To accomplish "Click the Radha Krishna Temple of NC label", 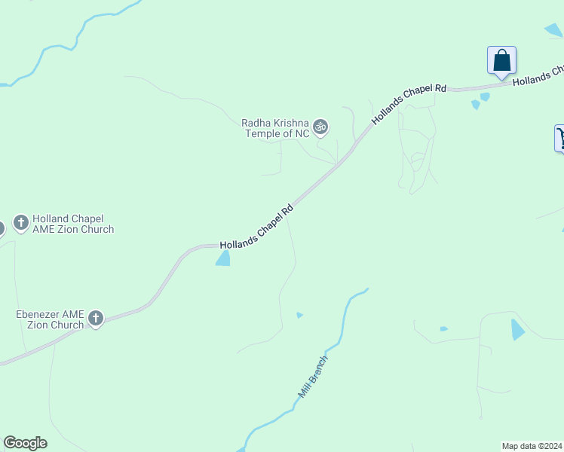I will click(275, 128).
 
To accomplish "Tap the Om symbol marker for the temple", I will click(320, 127).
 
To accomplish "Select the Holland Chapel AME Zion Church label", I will click(73, 224).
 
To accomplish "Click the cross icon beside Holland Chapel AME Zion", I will click(21, 223).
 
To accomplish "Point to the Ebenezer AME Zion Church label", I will click(50, 319).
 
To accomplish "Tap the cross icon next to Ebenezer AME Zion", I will click(96, 319).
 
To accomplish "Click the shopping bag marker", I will click(501, 61).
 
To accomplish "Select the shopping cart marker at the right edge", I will click(560, 138).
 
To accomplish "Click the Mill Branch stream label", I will click(314, 376).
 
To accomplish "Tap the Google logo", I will click(25, 443).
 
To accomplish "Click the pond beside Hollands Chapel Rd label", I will click(223, 258).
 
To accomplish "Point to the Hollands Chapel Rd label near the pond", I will click(256, 226).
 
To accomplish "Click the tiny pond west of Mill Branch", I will click(299, 315).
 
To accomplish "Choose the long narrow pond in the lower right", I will click(517, 329).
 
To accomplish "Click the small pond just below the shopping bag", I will click(484, 96).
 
